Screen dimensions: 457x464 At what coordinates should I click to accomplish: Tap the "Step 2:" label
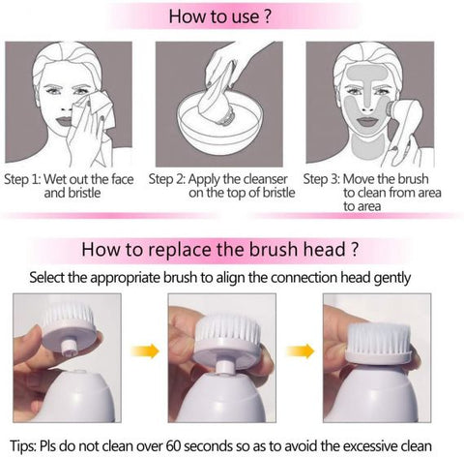point(170,179)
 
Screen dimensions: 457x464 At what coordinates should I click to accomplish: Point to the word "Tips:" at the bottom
point(21,444)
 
